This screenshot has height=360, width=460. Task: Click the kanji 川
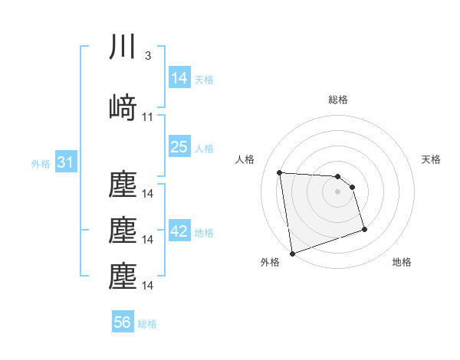pyautogui.click(x=123, y=47)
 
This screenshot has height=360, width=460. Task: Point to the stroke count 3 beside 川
pyautogui.click(x=147, y=57)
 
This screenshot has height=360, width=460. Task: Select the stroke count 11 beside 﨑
pyautogui.click(x=148, y=117)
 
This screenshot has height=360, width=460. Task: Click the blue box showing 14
pyautogui.click(x=179, y=77)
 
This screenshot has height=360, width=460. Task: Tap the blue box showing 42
pyautogui.click(x=179, y=231)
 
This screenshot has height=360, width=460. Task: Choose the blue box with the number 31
pyautogui.click(x=65, y=162)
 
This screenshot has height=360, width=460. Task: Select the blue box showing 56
pyautogui.click(x=123, y=322)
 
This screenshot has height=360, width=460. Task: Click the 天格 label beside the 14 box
pyautogui.click(x=204, y=79)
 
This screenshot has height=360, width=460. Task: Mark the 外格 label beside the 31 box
pyautogui.click(x=41, y=163)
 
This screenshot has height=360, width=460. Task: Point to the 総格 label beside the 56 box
pyautogui.click(x=147, y=324)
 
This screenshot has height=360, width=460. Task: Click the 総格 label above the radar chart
pyautogui.click(x=337, y=100)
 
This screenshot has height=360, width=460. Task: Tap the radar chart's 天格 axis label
pyautogui.click(x=431, y=159)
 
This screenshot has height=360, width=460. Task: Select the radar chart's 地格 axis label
pyautogui.click(x=402, y=263)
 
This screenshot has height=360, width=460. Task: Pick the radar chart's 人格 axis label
pyautogui.click(x=245, y=159)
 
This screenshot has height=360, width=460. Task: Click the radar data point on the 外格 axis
pyautogui.click(x=291, y=253)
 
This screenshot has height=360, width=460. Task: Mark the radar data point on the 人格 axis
pyautogui.click(x=279, y=172)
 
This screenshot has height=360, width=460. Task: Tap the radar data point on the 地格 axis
pyautogui.click(x=364, y=229)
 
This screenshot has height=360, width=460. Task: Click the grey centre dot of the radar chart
pyautogui.click(x=337, y=191)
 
